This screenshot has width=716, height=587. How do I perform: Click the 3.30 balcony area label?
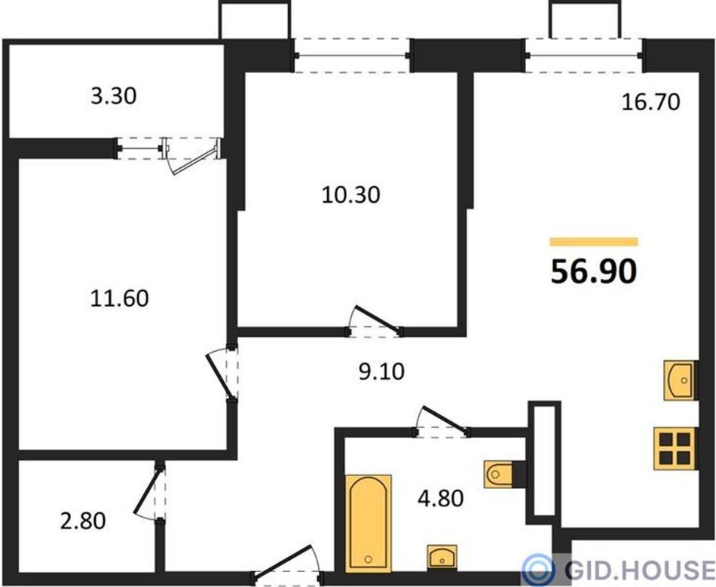point(114,96)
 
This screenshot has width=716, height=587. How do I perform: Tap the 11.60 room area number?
point(119,298)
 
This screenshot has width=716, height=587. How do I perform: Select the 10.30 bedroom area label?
point(350,195)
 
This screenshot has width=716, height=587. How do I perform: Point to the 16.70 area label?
point(651,102)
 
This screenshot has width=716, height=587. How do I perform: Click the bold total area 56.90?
point(594,271)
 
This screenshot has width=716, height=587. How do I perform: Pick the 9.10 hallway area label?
point(381,372)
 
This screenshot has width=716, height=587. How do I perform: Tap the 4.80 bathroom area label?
point(441,498)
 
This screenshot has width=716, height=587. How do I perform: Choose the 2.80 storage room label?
point(83,521)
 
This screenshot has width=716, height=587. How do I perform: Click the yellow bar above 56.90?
point(594,242)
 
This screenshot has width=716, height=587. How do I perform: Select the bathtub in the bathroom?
point(369,524)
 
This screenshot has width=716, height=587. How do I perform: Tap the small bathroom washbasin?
point(442,557)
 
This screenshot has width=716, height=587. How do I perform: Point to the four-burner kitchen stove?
point(675,448)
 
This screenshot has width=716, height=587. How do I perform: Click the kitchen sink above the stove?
point(680,381)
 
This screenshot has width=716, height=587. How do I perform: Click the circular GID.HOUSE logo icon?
point(538,570)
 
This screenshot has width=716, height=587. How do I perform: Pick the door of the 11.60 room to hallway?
point(219,375)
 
